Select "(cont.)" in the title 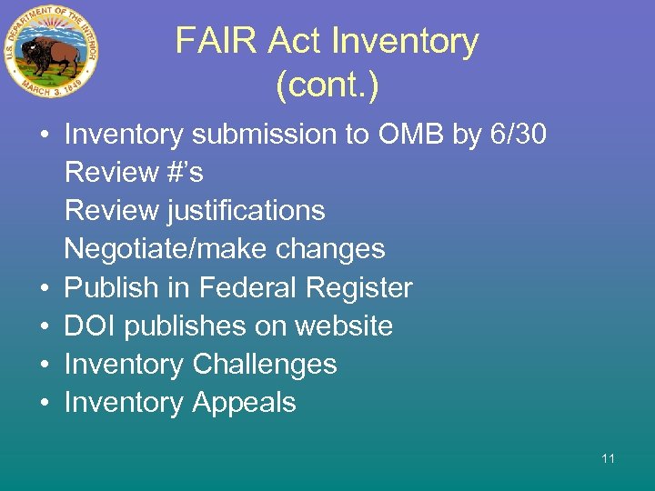(327, 86)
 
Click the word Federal (248, 288)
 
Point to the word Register (360, 288)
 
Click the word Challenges (265, 365)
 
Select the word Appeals (244, 403)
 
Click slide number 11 (608, 458)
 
